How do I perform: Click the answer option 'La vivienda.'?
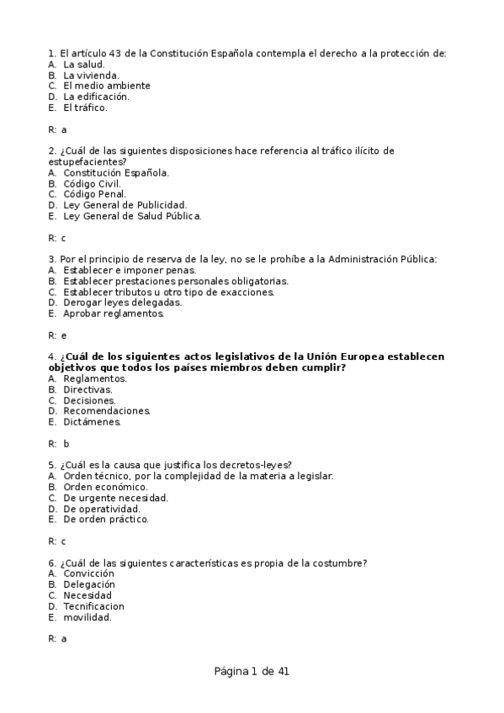click(x=91, y=75)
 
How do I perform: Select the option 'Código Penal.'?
click(x=94, y=194)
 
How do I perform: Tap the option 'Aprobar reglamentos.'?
click(x=114, y=314)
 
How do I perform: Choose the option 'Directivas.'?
click(x=88, y=389)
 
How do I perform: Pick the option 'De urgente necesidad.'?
click(x=115, y=498)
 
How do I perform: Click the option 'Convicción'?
click(x=88, y=573)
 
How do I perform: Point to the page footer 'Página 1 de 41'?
click(x=252, y=671)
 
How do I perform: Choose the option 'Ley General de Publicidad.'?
click(x=125, y=205)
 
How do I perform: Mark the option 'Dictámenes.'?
click(x=92, y=422)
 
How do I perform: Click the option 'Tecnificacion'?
click(x=93, y=606)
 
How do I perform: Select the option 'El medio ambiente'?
click(x=107, y=86)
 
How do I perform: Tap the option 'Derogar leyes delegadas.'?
click(x=122, y=303)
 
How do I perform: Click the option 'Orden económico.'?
click(x=105, y=487)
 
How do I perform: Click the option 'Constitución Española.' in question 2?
click(x=116, y=172)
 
